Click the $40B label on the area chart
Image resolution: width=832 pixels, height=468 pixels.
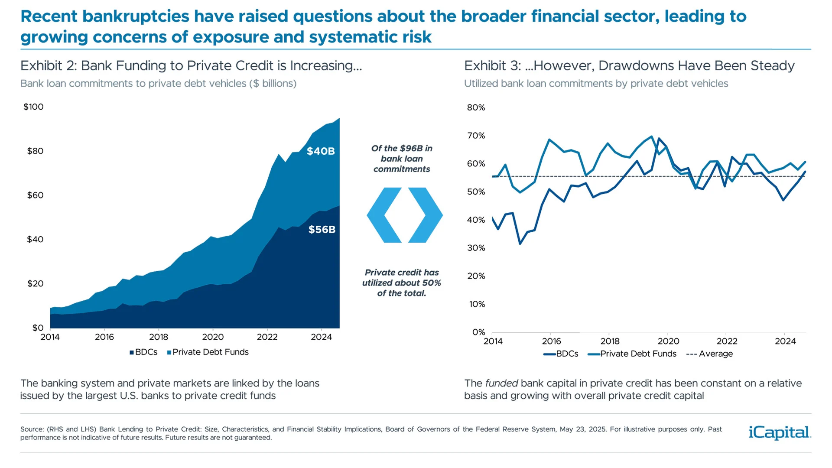pyautogui.click(x=321, y=151)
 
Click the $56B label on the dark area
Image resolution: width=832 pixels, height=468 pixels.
pyautogui.click(x=322, y=230)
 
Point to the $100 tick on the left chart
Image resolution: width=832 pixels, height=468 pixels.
pyautogui.click(x=33, y=107)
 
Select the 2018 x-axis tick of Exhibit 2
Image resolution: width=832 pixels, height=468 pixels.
pyautogui.click(x=159, y=337)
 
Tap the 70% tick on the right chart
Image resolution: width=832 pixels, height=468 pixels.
pyautogui.click(x=476, y=136)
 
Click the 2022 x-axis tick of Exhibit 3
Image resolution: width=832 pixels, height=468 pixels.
pyautogui.click(x=727, y=341)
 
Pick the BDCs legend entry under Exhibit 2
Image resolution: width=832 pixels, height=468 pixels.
pyautogui.click(x=143, y=352)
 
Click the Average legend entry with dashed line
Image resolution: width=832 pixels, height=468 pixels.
pyautogui.click(x=710, y=354)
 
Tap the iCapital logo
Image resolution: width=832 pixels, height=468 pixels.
pyautogui.click(x=780, y=432)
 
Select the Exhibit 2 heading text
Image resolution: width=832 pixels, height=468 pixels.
pyautogui.click(x=191, y=66)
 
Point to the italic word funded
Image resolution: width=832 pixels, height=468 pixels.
pyautogui.click(x=501, y=383)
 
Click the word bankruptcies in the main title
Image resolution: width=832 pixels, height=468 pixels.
pyautogui.click(x=136, y=16)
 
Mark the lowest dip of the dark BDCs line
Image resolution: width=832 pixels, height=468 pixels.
pyautogui.click(x=520, y=244)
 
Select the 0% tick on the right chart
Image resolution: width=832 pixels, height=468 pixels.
pyautogui.click(x=478, y=332)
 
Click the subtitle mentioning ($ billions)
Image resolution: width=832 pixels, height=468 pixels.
pyautogui.click(x=158, y=84)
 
